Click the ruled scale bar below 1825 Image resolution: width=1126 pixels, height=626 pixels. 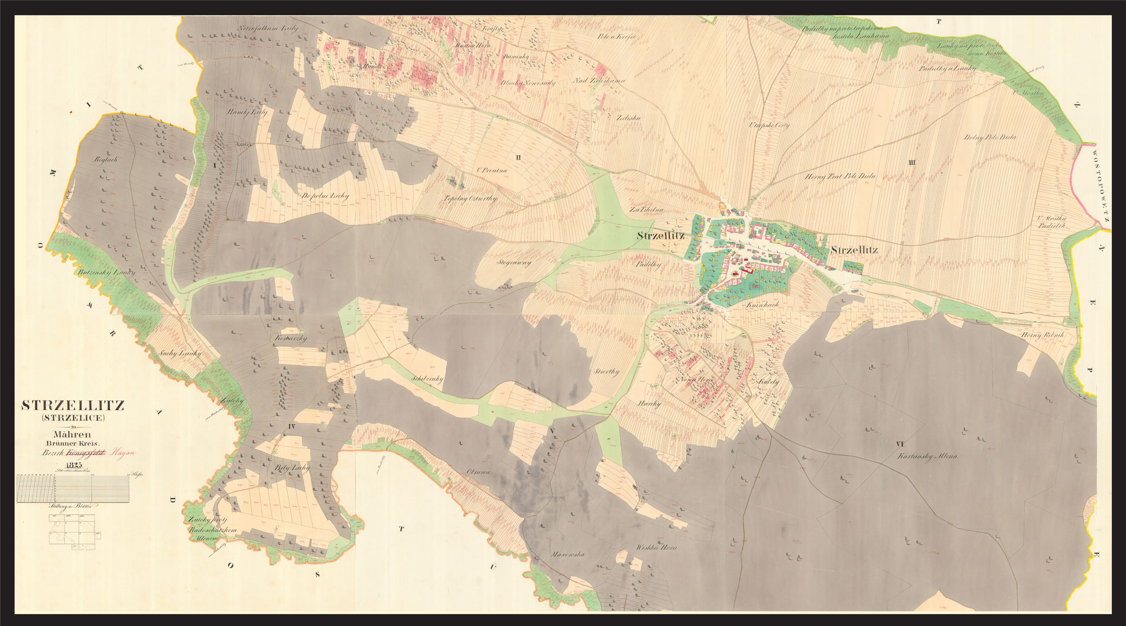coord(73,489)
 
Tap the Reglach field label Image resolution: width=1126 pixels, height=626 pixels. coord(106,159)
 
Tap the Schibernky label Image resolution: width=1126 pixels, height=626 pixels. coord(427,379)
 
